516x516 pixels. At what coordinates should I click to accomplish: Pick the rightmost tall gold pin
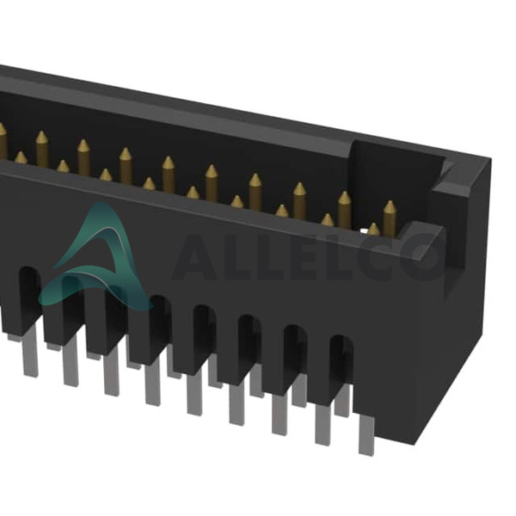390,218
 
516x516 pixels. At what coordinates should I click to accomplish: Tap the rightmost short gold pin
373,230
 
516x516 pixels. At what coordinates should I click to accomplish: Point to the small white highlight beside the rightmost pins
363,231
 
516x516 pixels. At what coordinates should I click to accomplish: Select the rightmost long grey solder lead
366,435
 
